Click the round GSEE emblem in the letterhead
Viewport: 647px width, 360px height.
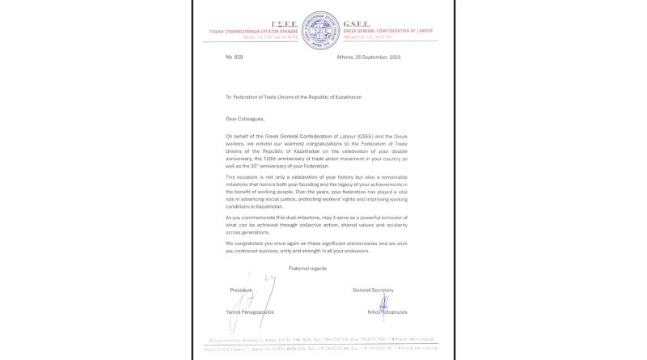point(323,29)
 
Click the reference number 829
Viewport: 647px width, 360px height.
point(238,57)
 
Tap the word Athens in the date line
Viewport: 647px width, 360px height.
point(346,57)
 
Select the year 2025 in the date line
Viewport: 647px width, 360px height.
point(395,57)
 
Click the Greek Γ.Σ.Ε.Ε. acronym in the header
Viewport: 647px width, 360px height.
point(291,24)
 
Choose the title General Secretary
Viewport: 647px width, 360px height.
point(372,290)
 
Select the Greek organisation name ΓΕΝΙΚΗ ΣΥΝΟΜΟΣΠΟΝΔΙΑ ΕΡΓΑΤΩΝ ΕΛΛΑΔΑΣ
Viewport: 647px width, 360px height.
point(257,31)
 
